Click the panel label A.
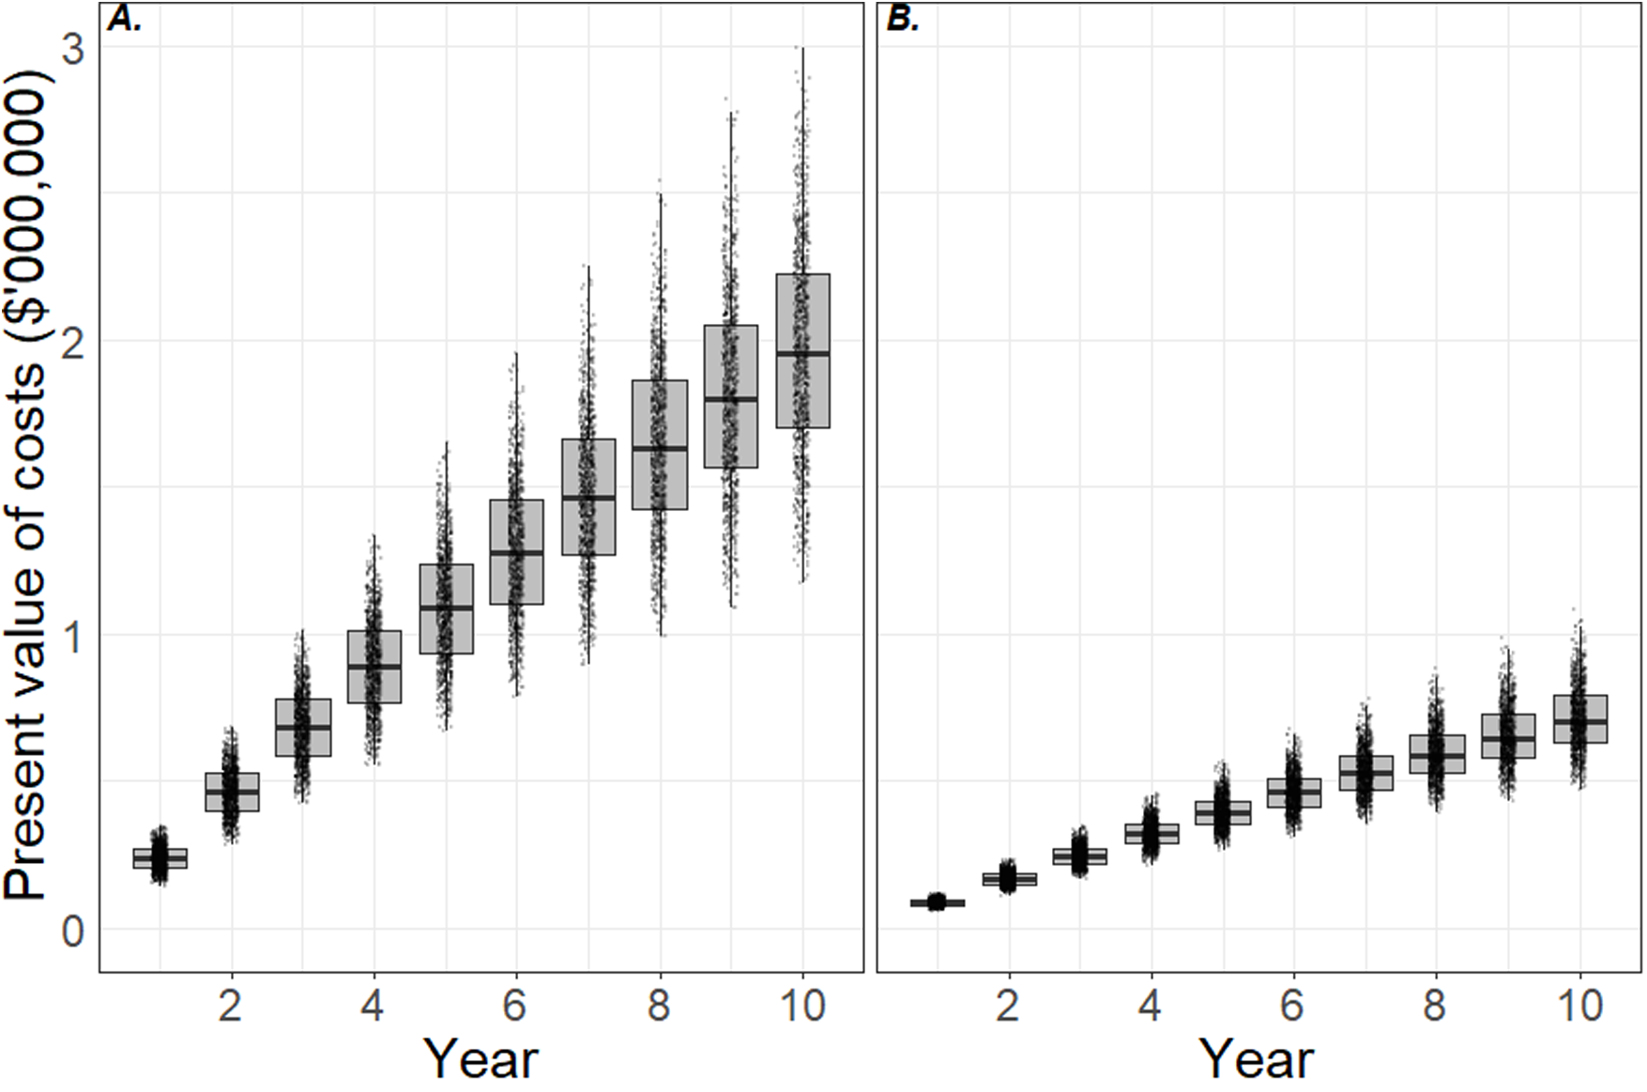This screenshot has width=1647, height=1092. tap(125, 20)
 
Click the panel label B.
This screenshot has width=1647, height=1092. tap(903, 20)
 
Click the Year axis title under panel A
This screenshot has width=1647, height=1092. tap(481, 1058)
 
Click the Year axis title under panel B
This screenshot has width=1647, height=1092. tap(1258, 1058)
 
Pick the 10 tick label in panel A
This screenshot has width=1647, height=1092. tap(802, 1007)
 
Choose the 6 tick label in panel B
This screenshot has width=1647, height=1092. tap(1293, 1007)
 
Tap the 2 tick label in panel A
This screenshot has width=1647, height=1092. tap(231, 1007)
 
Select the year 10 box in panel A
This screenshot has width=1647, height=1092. tap(802, 351)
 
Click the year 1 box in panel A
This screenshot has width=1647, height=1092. tap(160, 858)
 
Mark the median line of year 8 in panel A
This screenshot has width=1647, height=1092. tap(660, 449)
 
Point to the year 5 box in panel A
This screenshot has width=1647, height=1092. tap(446, 608)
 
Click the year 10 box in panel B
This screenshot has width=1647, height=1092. tap(1580, 719)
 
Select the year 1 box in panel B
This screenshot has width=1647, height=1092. tap(937, 903)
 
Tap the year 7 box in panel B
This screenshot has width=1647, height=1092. tap(1365, 773)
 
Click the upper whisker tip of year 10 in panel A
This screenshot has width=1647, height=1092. tap(802, 48)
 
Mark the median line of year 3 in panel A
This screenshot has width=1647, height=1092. tap(302, 727)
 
